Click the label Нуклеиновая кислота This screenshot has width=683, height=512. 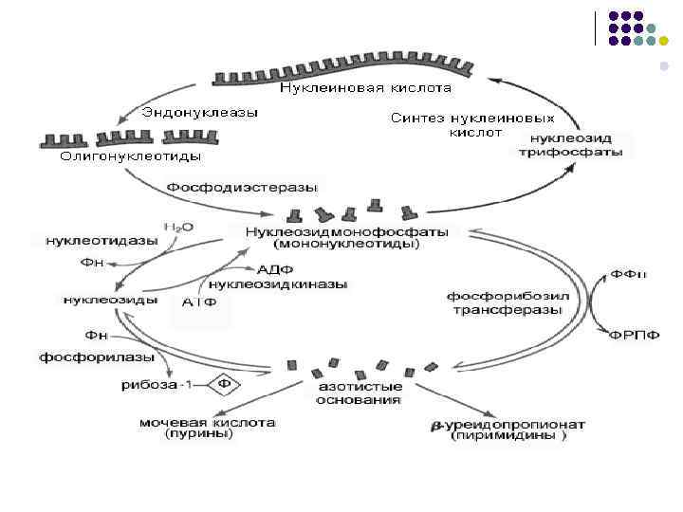point(365,88)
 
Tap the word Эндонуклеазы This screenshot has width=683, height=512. point(200,112)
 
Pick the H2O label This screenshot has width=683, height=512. point(177,229)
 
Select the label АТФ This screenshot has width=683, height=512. point(200,302)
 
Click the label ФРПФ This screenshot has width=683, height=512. point(636,335)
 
